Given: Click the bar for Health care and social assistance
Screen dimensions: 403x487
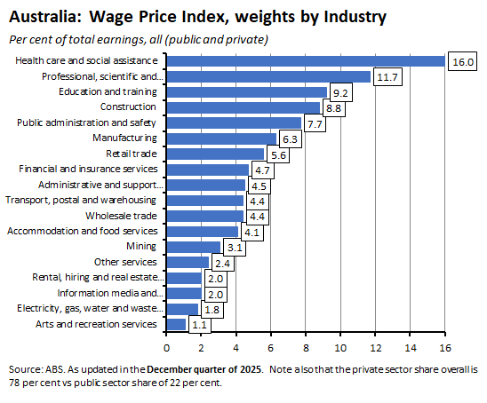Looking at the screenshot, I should pyautogui.click(x=305, y=60).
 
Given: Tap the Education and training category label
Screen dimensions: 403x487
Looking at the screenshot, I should pyautogui.click(x=108, y=91).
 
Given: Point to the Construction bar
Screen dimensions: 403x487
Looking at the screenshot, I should pyautogui.click(x=243, y=107).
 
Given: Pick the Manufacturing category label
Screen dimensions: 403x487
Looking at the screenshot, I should pyautogui.click(x=124, y=138).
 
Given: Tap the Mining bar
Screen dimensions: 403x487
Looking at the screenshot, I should pyautogui.click(x=193, y=246).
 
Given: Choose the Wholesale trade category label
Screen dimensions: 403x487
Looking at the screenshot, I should pyautogui.click(x=121, y=216).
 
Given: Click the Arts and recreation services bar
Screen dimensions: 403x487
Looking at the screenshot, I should pyautogui.click(x=176, y=324).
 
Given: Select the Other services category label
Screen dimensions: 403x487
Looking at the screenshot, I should pyautogui.click(x=125, y=262).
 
